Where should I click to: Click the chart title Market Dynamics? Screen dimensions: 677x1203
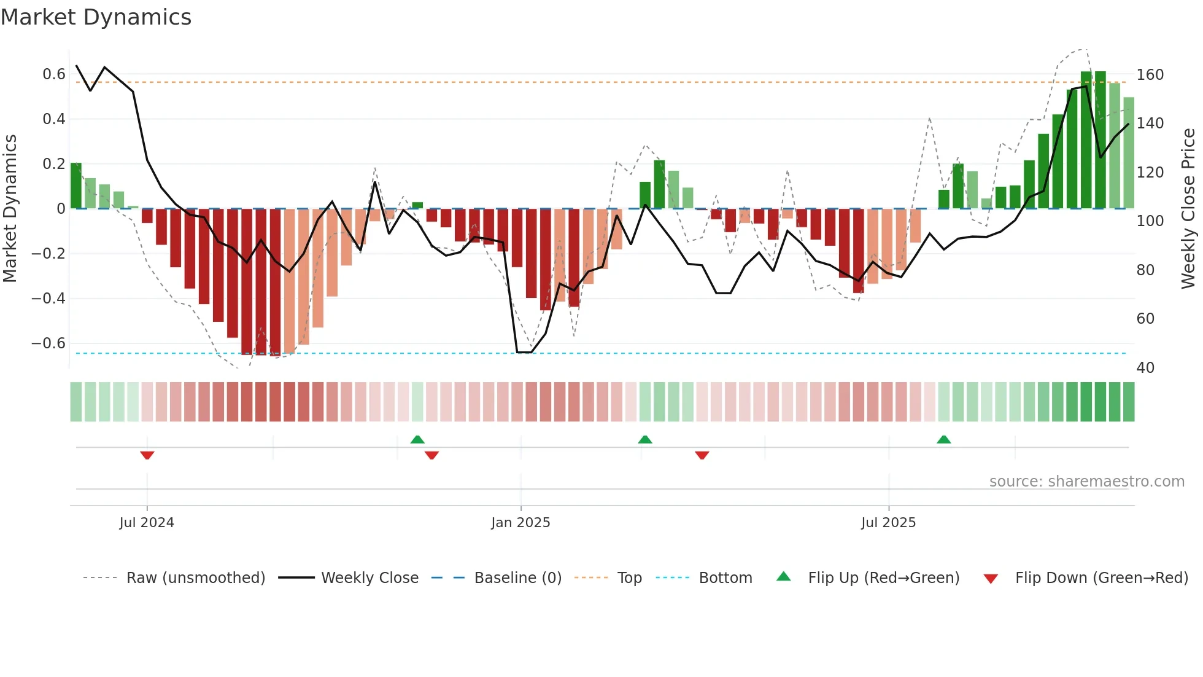click(x=96, y=17)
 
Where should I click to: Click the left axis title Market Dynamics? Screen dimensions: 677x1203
click(x=10, y=208)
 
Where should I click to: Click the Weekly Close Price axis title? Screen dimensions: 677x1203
click(x=1188, y=208)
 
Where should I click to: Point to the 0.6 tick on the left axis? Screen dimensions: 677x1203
click(x=53, y=74)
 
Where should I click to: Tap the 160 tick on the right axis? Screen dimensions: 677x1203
click(x=1150, y=75)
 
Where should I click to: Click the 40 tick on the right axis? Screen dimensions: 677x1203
click(x=1145, y=368)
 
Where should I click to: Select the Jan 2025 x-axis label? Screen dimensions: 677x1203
click(x=520, y=523)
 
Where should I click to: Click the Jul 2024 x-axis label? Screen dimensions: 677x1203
click(x=147, y=523)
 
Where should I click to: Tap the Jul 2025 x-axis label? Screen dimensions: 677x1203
click(x=888, y=523)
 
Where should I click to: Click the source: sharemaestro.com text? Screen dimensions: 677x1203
click(x=1086, y=482)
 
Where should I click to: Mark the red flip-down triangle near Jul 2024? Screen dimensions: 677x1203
click(x=147, y=455)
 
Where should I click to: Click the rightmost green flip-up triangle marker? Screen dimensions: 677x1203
click(x=944, y=439)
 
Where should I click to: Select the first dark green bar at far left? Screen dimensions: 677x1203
click(x=76, y=186)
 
